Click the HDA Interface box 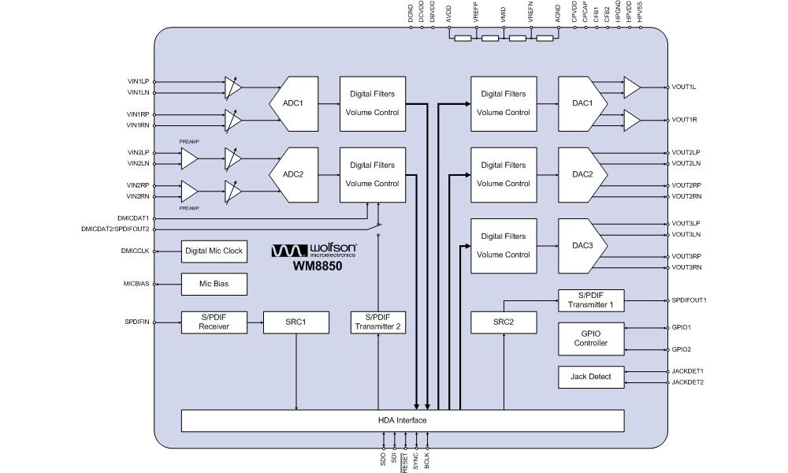403,420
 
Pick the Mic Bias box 214,284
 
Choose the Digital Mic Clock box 214,251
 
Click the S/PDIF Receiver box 214,322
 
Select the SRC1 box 295,322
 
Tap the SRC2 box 503,322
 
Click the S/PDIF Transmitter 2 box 378,322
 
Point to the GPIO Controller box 590,338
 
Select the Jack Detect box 590,377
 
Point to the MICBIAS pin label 136,284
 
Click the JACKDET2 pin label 687,382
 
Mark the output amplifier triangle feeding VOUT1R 632,119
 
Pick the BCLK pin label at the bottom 427,461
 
